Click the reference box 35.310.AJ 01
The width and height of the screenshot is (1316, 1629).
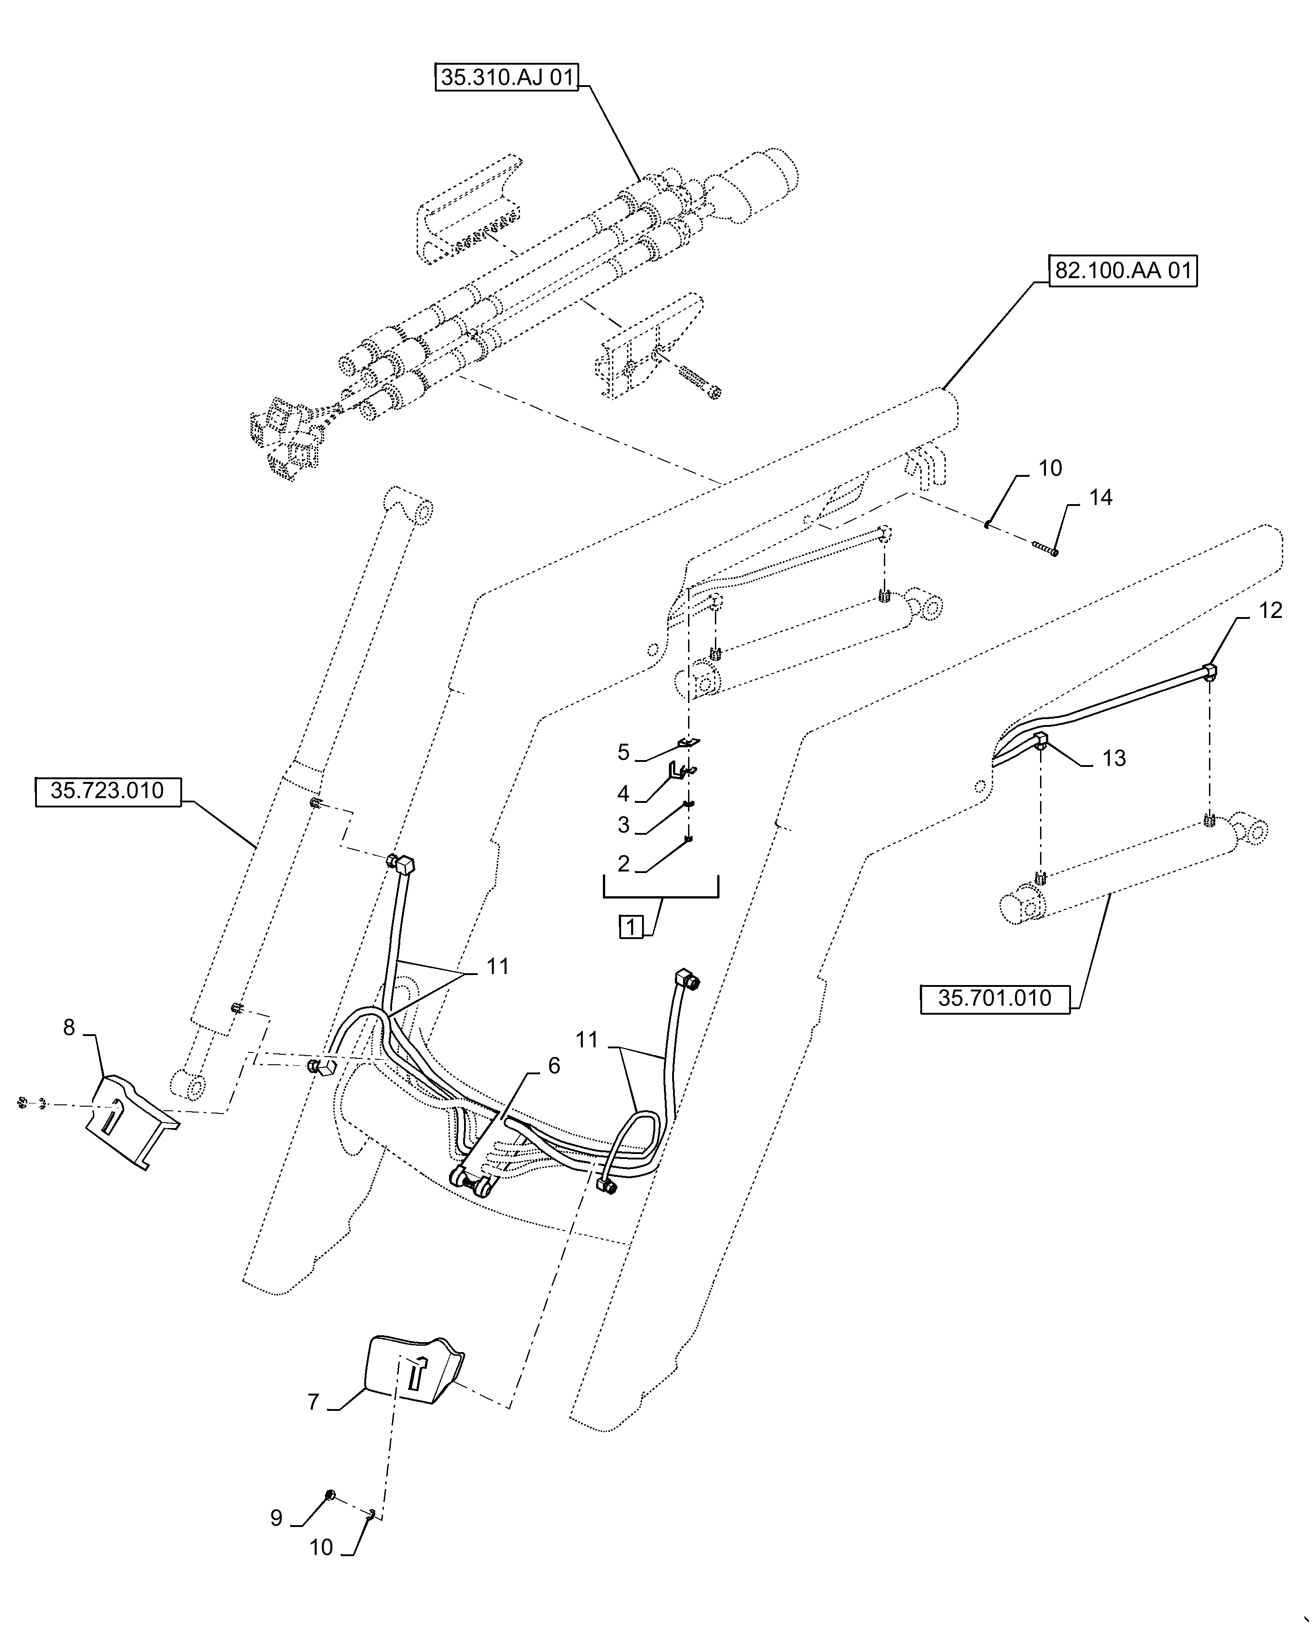[x=506, y=77]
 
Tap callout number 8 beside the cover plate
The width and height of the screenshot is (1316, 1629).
[x=69, y=1028]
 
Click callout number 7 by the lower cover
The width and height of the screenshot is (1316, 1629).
[x=313, y=1402]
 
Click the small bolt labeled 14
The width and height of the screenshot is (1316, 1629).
[x=1045, y=547]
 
